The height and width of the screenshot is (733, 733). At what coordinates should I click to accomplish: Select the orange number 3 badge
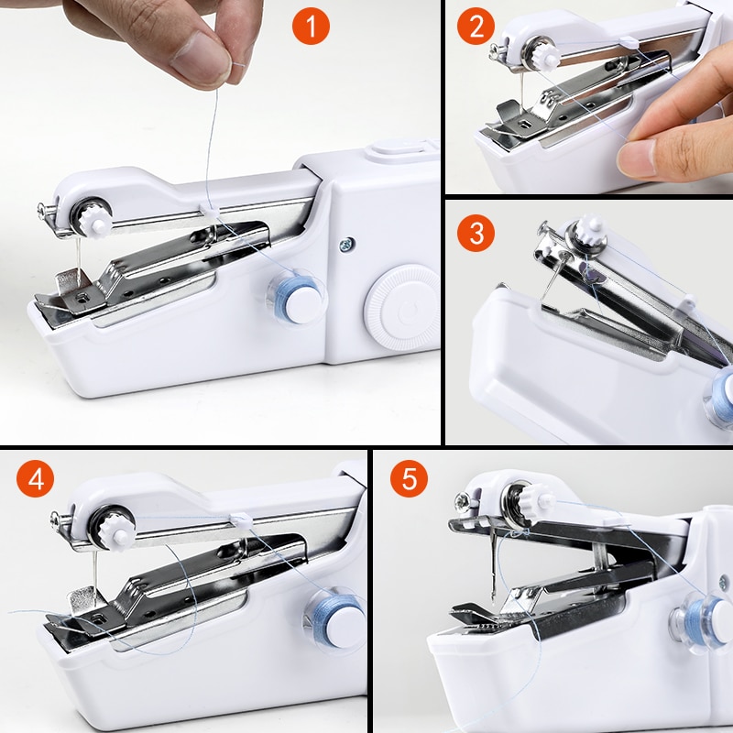coord(476,233)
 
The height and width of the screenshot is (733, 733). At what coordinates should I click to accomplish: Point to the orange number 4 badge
coord(35,479)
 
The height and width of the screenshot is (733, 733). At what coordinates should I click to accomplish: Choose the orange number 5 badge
coord(409,479)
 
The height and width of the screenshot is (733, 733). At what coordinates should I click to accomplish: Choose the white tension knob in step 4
coord(116,531)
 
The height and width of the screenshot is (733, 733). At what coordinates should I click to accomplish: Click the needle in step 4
coord(92,573)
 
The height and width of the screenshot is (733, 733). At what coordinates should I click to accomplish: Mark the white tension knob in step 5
coord(539,500)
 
